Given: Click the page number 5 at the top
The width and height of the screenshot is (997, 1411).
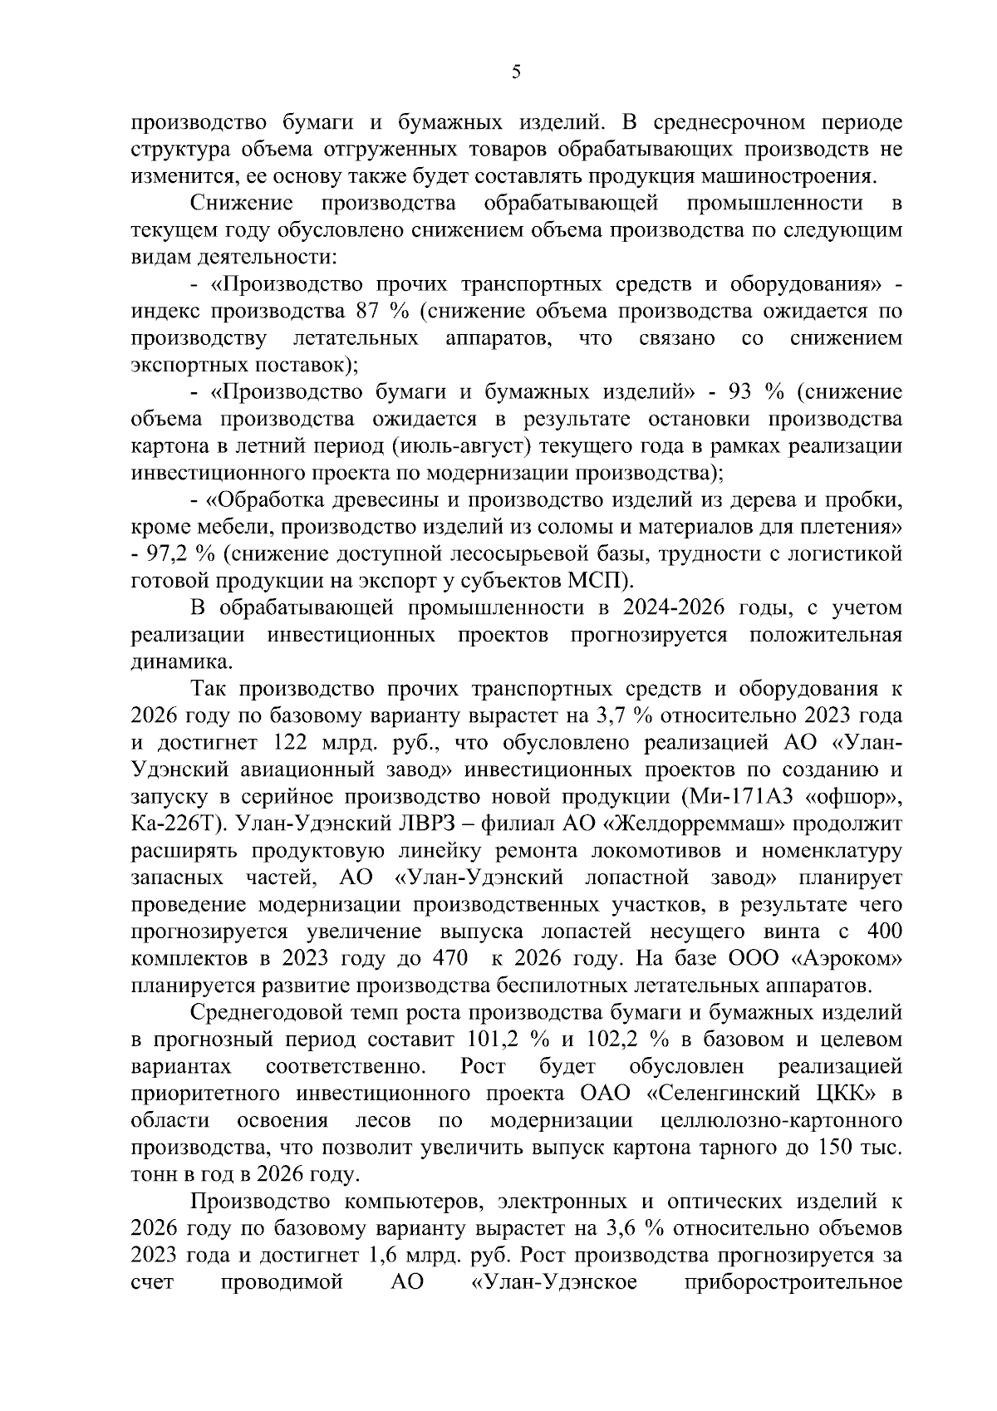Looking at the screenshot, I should (516, 73).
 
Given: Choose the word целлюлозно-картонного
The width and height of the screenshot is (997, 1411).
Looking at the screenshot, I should (780, 1120).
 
